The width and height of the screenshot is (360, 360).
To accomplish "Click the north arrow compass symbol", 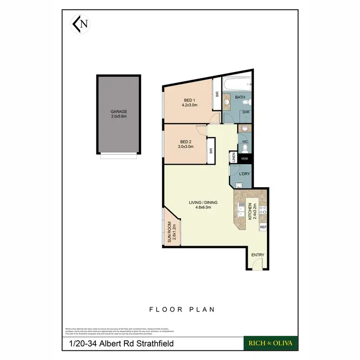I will pos(80,24).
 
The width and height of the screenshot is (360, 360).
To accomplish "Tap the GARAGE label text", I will pos(119,111).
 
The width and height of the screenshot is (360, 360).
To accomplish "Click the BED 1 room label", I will pos(190,100).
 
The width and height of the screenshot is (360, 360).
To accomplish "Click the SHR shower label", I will pos(246,112).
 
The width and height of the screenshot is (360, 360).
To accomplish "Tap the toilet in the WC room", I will pos(244,129).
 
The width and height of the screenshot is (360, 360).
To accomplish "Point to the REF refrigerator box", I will pos(263,227).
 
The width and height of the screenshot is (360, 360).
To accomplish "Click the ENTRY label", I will pos(258,255).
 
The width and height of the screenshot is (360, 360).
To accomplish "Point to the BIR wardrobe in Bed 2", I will pos(211,150).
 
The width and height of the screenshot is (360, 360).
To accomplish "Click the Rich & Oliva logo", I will pos(271,343).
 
